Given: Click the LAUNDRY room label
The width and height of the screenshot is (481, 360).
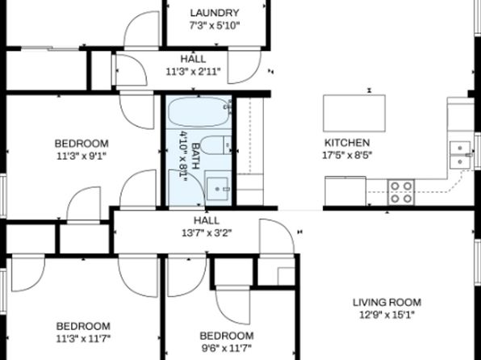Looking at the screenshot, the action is point(215,13).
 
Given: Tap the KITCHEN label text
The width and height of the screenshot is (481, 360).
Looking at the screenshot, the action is point(347,143).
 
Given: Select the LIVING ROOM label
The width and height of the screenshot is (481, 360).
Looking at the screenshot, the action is point(387,303).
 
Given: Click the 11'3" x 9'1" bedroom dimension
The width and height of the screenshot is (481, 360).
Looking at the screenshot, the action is point(82,157).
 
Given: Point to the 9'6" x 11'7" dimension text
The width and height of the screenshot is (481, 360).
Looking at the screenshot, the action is point(227,349).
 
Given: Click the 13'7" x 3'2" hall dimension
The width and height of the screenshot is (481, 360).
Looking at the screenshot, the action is point(207,233).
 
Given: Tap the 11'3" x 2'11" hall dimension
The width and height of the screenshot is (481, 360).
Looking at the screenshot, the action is point(193,72).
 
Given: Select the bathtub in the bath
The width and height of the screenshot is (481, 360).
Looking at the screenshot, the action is point(199,111).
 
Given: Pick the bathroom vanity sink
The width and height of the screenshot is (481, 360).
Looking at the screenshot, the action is point(217,189).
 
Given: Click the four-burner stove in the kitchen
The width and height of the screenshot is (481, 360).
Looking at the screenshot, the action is point(401,192).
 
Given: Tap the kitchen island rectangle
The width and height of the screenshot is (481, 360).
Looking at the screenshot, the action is point(354,113).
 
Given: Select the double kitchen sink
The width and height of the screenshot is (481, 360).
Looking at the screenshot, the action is point(460,155).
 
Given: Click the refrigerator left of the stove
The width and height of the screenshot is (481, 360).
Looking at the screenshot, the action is point(345,190).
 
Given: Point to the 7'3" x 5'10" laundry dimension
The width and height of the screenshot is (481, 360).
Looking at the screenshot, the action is point(215,26).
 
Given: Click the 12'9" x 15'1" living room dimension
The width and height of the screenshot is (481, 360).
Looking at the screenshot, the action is point(387,315).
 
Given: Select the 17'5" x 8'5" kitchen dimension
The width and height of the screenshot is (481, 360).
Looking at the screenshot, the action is point(347,155).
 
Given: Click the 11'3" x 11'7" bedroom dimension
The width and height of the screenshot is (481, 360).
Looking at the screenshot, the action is point(83,339).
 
